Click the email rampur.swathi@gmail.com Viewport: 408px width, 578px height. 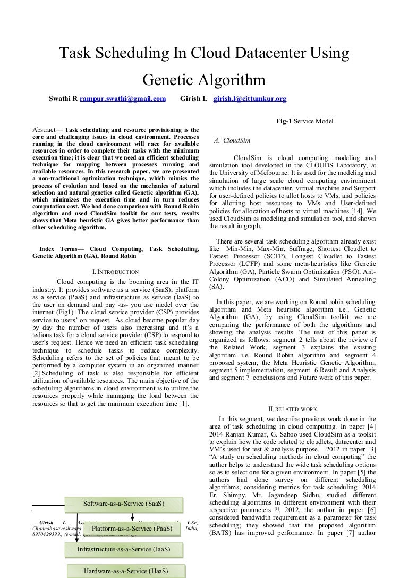[x=123, y=98]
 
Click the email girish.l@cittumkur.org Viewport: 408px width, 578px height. [x=250, y=98]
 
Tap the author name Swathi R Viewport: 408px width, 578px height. [x=63, y=98]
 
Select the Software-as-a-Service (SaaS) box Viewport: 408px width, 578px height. [x=124, y=503]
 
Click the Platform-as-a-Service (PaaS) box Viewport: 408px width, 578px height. [x=132, y=529]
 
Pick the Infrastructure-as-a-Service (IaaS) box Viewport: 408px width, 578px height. [x=123, y=549]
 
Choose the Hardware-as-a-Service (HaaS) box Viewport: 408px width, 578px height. [x=126, y=571]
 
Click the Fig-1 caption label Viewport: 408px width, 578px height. [x=287, y=121]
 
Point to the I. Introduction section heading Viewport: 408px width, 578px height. [x=115, y=272]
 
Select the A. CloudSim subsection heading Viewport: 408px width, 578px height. [x=232, y=141]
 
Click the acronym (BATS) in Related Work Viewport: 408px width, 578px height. [x=224, y=532]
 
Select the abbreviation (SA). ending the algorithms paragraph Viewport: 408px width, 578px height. [x=216, y=287]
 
